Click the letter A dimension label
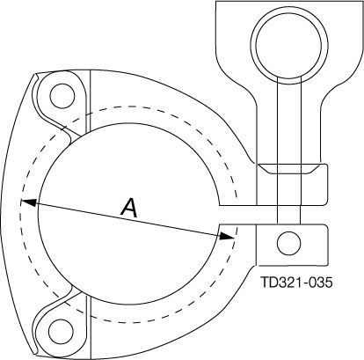(128, 208)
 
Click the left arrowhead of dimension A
(27, 202)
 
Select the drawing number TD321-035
(298, 284)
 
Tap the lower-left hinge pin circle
(62, 330)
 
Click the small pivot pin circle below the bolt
(287, 241)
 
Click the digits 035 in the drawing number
(323, 284)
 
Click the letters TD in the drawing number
(268, 284)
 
